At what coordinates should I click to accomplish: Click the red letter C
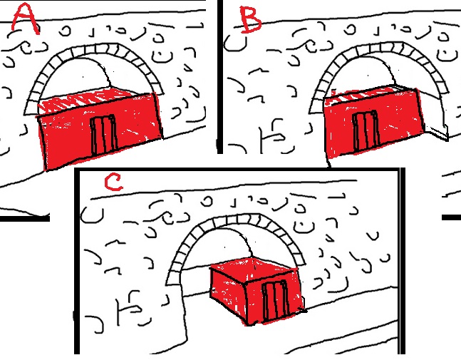pos(113,182)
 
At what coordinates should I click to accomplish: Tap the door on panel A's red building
pos(103,135)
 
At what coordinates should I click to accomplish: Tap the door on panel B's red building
pos(366,130)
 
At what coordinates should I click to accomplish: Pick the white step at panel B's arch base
pos(436,132)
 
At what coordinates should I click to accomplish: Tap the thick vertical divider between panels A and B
pos(220,76)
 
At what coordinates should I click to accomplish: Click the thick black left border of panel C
pos(77,261)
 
